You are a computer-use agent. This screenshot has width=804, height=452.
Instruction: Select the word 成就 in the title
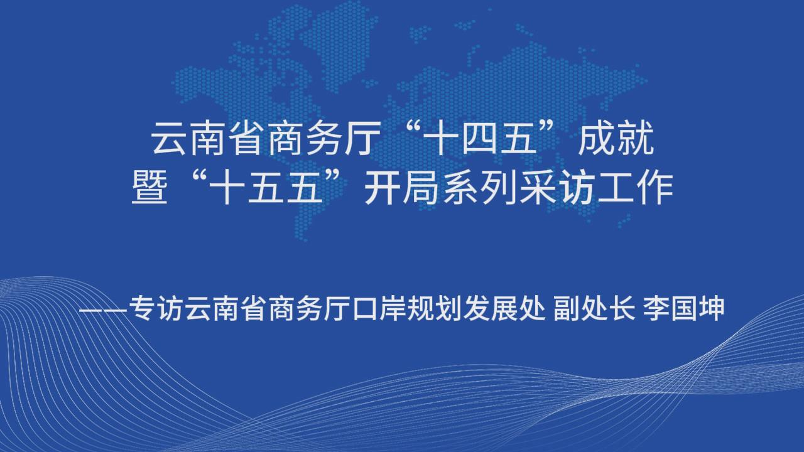[616, 139]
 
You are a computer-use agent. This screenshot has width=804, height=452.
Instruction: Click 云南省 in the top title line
[208, 139]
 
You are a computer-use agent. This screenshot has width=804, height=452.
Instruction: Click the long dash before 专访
[104, 309]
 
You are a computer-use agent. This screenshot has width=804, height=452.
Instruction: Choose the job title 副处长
[594, 308]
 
